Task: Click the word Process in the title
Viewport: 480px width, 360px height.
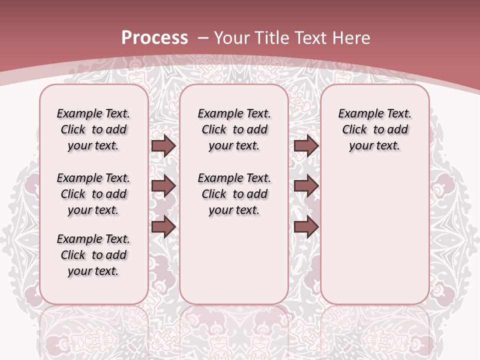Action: (154, 37)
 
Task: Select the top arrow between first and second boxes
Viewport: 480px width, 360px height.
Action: (163, 145)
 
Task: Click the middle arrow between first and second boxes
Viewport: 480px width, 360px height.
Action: (163, 186)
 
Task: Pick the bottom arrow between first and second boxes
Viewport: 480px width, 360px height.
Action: (163, 226)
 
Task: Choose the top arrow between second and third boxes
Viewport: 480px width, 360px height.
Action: (306, 145)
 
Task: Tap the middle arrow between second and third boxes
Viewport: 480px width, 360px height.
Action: (306, 186)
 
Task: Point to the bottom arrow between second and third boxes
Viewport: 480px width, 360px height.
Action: (306, 226)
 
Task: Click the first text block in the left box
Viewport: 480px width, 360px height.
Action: (93, 129)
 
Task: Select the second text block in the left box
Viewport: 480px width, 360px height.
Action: (93, 194)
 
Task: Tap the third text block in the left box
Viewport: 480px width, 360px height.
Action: (93, 255)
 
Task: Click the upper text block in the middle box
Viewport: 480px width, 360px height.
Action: (234, 129)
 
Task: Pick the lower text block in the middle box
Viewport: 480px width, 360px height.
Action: (234, 194)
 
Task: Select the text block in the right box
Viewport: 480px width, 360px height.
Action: (375, 129)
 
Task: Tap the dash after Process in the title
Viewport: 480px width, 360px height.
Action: (203, 37)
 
